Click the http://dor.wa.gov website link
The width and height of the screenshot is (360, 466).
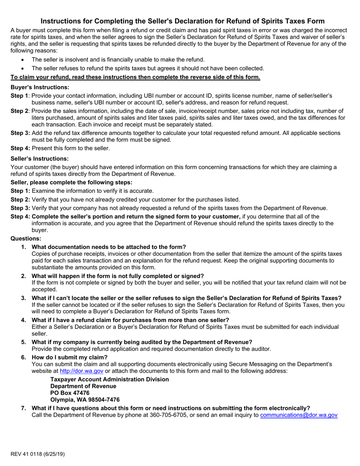[81, 371]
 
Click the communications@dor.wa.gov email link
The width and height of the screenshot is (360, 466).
[299, 415]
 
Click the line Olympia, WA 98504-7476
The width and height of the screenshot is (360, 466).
[85, 400]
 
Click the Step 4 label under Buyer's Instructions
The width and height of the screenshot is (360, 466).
[20, 148]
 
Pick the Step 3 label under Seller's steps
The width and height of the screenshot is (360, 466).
[20, 208]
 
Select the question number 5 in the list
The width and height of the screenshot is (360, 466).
[23, 342]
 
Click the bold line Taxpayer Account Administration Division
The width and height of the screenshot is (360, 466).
[110, 379]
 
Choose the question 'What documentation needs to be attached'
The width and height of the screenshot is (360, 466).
[109, 247]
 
